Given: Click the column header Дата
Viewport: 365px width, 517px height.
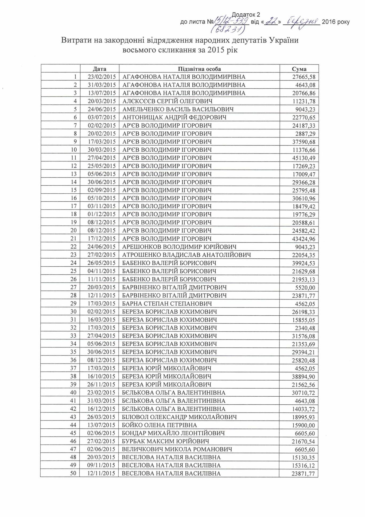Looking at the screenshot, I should click(x=100, y=69).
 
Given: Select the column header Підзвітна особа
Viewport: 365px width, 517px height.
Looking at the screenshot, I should click(x=199, y=69).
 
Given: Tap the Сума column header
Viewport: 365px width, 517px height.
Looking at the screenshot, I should click(x=299, y=69).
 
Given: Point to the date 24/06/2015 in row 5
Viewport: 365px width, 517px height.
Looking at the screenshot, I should click(x=102, y=109).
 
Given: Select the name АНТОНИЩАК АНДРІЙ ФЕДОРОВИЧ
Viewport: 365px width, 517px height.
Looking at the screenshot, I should click(x=174, y=117).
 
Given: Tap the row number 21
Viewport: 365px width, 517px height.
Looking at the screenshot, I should click(x=73, y=238).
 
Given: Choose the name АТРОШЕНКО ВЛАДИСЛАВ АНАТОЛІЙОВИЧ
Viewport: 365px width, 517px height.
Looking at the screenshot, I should click(x=187, y=255).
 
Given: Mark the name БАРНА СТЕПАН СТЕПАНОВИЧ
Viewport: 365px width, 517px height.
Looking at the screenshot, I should click(x=167, y=303).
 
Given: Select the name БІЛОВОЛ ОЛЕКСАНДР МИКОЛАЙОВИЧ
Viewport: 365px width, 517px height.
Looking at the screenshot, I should click(x=179, y=417).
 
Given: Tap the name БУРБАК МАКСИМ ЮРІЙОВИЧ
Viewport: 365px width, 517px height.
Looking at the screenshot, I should click(x=165, y=441).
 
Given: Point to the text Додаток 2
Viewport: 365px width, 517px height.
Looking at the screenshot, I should click(x=246, y=15).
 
